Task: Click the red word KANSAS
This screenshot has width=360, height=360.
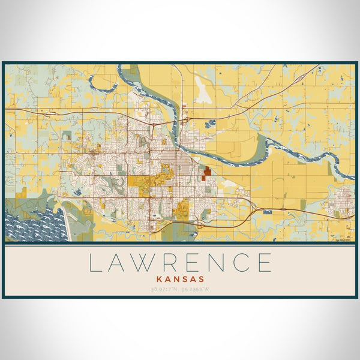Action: (x=180, y=279)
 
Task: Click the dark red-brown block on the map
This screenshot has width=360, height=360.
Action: (x=207, y=172)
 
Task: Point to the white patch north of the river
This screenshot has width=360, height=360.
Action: (x=203, y=93)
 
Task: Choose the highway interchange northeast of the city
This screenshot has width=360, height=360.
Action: (x=185, y=119)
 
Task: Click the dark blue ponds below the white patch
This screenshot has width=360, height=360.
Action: (x=209, y=124)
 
